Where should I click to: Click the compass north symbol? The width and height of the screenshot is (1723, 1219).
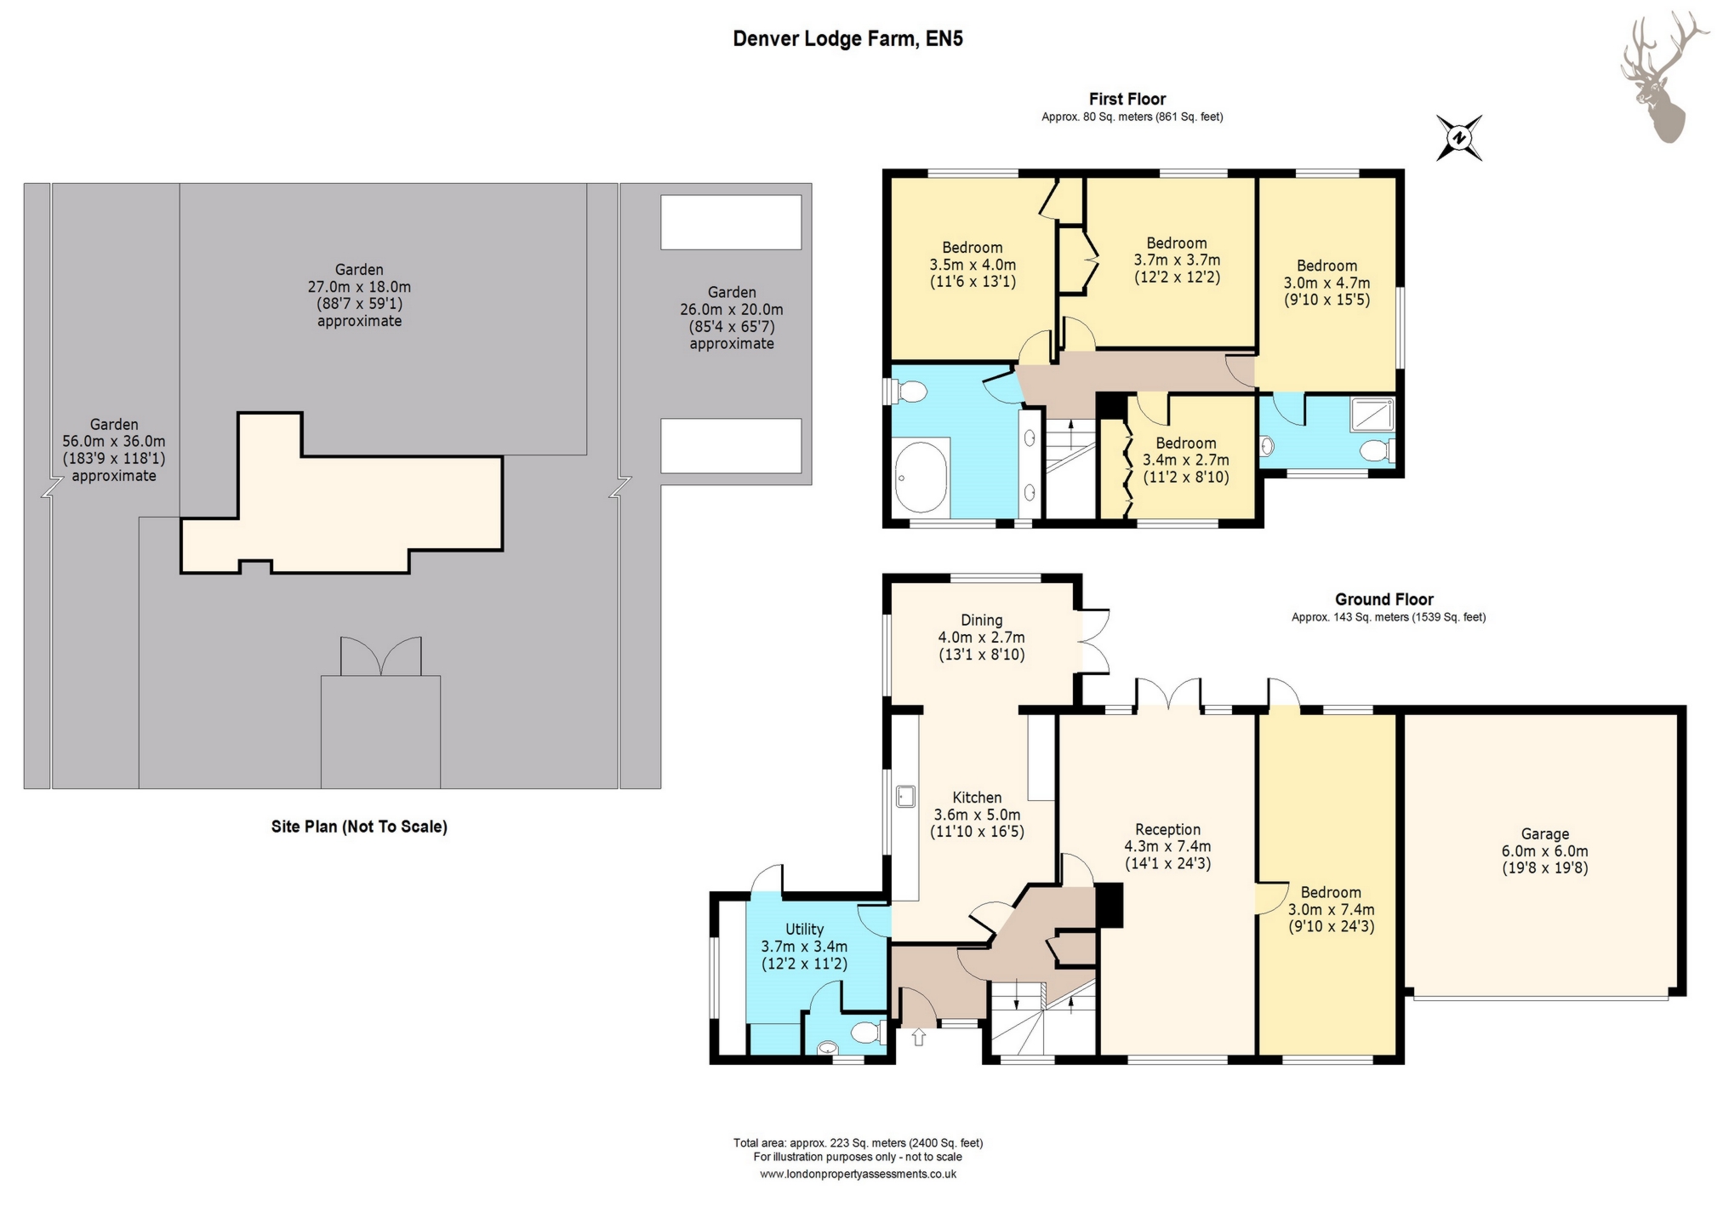1459,138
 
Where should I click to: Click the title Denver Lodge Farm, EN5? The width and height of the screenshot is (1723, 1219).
847,38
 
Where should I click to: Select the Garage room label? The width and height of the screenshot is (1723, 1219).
1544,850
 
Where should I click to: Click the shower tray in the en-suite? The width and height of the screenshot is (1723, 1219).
1371,415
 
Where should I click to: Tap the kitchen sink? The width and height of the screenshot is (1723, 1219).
905,796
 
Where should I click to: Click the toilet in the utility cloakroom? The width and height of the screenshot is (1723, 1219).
865,1033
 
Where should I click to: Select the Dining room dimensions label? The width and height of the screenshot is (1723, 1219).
981,638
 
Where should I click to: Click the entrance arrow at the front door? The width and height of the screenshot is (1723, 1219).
918,1037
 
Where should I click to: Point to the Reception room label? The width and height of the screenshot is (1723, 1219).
1167,845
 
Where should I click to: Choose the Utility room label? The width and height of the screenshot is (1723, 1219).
804,946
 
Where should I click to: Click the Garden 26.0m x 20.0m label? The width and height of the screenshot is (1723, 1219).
732,318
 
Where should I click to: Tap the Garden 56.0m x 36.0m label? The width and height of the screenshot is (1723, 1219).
114,449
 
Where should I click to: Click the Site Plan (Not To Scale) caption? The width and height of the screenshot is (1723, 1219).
359,827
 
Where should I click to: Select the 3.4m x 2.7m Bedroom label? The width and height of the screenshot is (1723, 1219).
1185,460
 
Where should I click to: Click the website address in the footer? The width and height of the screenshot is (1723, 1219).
858,1174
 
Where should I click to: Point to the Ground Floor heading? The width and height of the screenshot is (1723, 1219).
1384,599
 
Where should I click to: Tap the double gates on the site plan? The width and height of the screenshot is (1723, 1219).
380,655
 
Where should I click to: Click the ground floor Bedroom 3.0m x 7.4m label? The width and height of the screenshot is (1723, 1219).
1331,909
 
